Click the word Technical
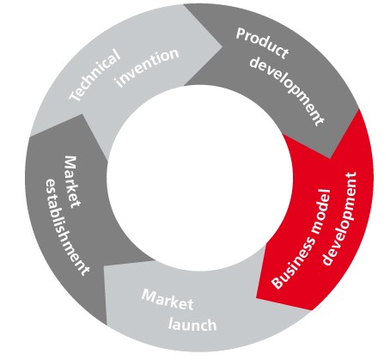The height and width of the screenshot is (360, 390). [x=94, y=75]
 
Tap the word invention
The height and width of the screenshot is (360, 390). [x=147, y=68]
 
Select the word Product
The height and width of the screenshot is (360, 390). [x=262, y=43]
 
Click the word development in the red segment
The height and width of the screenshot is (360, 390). [x=340, y=218]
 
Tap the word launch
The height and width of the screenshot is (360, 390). [x=192, y=324]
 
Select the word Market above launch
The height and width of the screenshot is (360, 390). [x=168, y=299]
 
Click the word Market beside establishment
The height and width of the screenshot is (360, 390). [x=72, y=181]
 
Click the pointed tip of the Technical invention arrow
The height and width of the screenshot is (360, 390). [x=222, y=46]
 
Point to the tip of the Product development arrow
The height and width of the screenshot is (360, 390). [x=330, y=158]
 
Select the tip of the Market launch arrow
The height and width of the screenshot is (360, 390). [x=104, y=266]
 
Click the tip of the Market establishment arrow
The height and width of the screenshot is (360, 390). [x=82, y=114]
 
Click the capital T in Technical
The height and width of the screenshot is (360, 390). [x=76, y=95]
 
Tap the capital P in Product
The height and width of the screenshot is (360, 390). [x=241, y=34]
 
